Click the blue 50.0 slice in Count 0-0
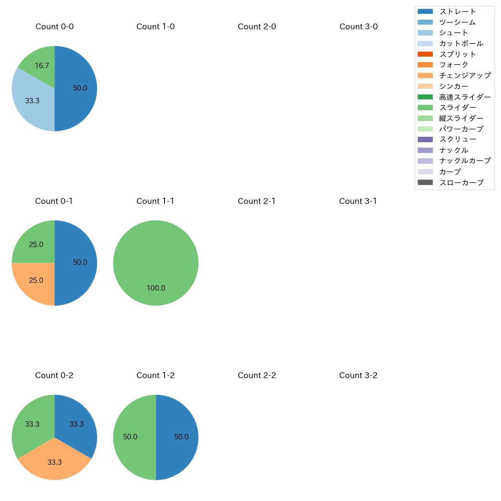click(x=77, y=89)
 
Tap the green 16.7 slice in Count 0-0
click(x=40, y=64)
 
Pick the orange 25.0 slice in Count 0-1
click(x=35, y=281)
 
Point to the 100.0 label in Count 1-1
click(x=156, y=288)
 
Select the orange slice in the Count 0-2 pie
click(x=54, y=462)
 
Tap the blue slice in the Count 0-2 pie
click(x=75, y=422)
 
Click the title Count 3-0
click(x=358, y=27)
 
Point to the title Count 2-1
click(x=257, y=201)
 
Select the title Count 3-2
click(x=358, y=375)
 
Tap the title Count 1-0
click(x=156, y=27)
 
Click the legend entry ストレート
click(x=457, y=12)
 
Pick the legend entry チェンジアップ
click(x=465, y=76)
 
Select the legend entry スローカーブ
click(x=461, y=183)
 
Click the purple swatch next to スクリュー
click(x=425, y=140)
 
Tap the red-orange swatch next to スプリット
click(x=425, y=54)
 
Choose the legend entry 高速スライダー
click(x=465, y=97)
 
